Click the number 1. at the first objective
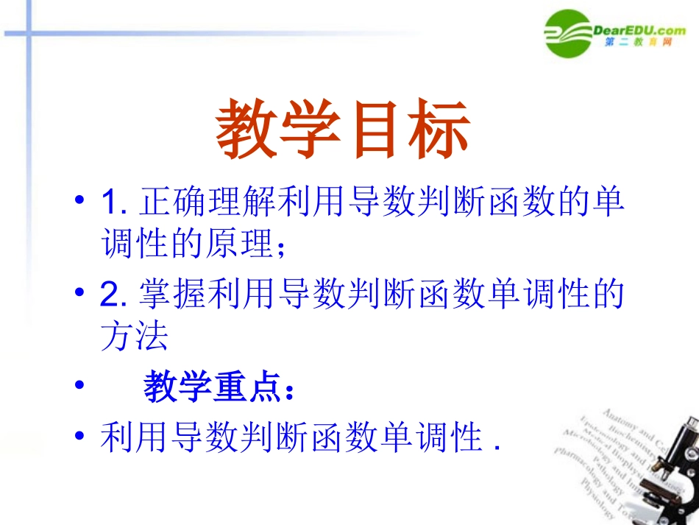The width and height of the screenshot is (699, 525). (115, 202)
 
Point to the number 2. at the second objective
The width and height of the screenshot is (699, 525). (115, 296)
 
